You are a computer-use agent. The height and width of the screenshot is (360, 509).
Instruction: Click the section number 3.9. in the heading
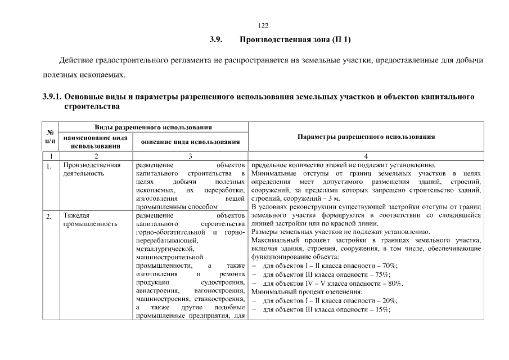[218, 40]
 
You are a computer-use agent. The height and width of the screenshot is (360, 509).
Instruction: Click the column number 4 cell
[366, 156]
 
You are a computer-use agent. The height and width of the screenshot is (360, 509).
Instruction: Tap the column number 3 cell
[190, 156]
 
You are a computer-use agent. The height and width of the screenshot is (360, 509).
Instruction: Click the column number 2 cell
[95, 156]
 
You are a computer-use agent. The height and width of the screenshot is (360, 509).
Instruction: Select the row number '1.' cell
[50, 166]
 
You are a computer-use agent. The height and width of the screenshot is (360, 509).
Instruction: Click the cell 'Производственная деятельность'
[92, 169]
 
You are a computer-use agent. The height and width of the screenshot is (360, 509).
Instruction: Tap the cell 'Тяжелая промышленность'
[91, 220]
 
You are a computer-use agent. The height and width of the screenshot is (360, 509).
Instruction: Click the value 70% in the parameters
[389, 266]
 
